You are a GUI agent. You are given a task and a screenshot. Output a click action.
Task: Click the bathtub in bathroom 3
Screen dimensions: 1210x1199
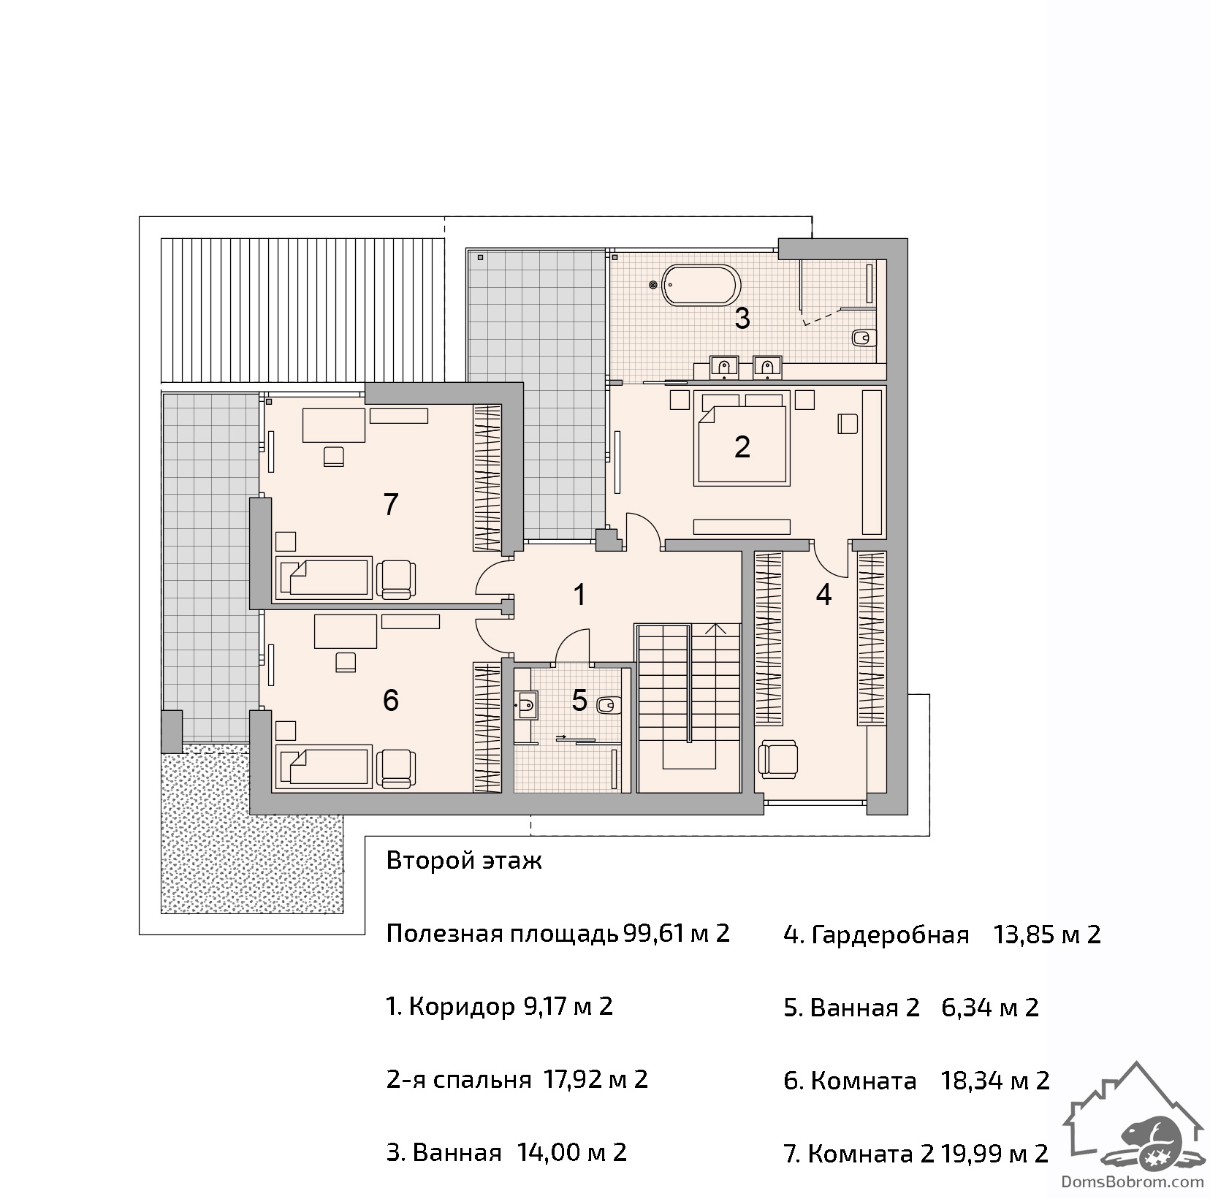699,284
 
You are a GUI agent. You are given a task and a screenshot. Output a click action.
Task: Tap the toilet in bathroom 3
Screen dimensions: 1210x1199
863,338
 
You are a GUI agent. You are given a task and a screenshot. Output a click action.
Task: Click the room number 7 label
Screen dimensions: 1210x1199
391,504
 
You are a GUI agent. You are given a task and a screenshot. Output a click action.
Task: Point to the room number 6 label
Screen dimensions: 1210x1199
391,700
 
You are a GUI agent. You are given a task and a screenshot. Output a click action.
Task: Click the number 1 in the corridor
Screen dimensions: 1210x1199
579,595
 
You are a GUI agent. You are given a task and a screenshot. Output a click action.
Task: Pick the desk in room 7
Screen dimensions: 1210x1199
334,425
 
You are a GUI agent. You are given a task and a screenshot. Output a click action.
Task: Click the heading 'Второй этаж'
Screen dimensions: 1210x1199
464,861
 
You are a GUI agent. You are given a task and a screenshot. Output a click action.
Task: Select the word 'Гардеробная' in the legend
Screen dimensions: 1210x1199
890,935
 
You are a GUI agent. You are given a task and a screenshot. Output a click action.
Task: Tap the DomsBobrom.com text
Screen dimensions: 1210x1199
1131,1180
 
